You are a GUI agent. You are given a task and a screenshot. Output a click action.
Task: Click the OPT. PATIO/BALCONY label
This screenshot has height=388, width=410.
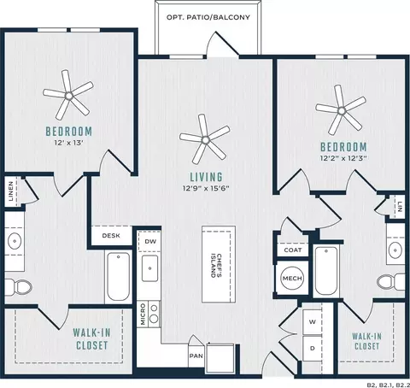pos(208,17)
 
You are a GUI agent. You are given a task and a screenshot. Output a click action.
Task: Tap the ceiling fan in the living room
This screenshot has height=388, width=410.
pos(205,139)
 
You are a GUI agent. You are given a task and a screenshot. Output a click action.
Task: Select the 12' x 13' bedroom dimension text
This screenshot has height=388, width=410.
pos(68,143)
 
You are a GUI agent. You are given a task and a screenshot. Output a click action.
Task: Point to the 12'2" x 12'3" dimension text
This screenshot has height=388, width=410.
pos(343,158)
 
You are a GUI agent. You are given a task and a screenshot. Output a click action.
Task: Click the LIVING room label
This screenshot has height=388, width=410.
pos(207,177)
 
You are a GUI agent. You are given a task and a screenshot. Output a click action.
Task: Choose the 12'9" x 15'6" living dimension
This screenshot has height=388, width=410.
pos(206,188)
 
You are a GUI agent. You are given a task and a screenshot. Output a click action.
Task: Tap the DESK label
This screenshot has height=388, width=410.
pos(111,236)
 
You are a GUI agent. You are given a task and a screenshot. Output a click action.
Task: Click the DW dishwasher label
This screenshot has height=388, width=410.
pos(150,241)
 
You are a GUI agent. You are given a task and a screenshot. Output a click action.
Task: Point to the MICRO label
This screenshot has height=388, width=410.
pos(143,315)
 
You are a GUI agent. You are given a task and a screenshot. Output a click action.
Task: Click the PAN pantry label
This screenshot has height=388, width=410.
pos(196,356)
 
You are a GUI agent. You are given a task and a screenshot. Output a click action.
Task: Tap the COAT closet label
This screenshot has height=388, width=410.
pos(293,250)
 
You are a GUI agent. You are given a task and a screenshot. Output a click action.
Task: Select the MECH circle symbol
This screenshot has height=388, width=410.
pos(292,278)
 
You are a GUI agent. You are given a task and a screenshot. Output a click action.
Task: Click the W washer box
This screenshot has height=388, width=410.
pos(313,322)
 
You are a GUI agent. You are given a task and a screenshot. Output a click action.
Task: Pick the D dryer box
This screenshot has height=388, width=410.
pos(313,348)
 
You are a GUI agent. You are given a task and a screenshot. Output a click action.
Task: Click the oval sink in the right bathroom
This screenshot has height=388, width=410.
pos(395,250)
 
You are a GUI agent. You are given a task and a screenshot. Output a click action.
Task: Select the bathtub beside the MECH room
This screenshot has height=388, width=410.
pos(326,271)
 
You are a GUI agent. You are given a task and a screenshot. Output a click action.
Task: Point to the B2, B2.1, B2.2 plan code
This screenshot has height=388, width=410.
pos(389,385)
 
